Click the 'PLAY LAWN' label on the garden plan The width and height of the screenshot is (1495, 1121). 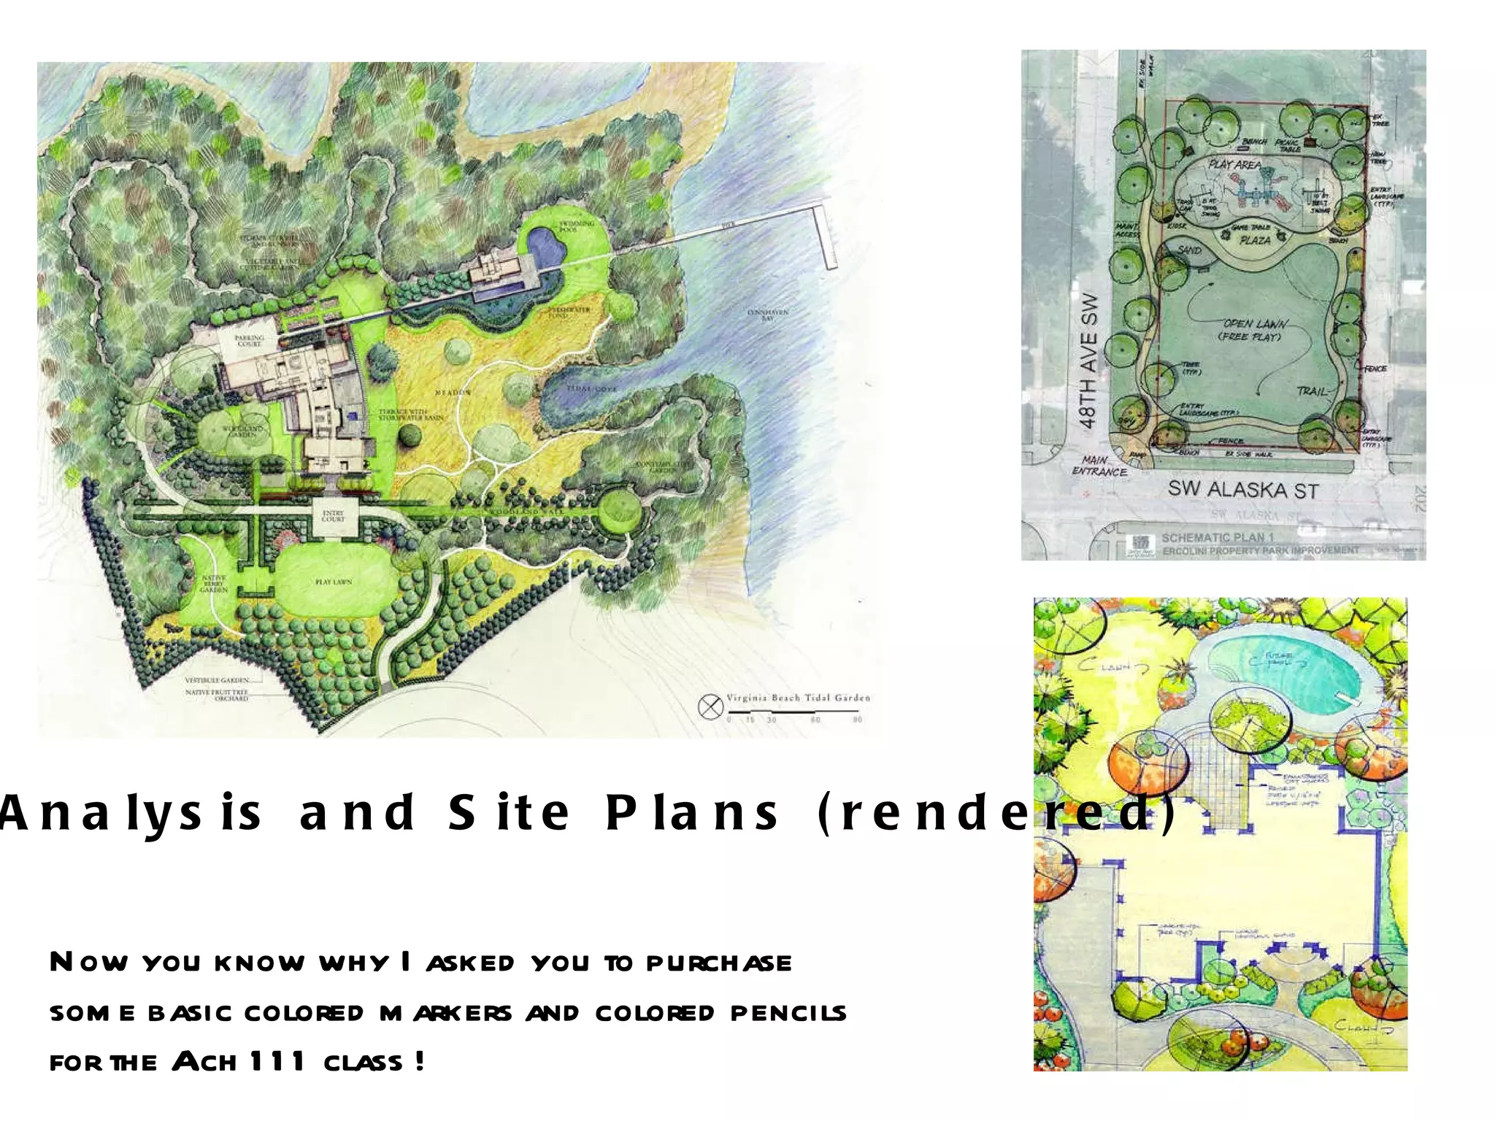[334, 582]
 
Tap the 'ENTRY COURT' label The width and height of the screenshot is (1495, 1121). [333, 517]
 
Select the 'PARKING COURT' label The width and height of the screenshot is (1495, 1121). [249, 341]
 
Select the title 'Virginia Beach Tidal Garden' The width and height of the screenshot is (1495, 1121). [798, 698]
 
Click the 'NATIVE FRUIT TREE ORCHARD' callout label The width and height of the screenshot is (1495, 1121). [217, 695]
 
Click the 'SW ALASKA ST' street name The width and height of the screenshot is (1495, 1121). [1242, 490]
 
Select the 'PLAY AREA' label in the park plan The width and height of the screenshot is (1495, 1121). [1234, 165]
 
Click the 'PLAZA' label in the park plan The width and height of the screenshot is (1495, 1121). [1255, 240]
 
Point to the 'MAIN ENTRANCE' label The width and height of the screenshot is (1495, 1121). [1099, 466]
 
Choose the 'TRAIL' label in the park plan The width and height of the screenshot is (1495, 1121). [1312, 391]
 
